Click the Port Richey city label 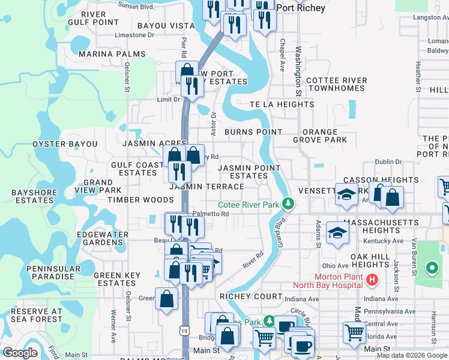coord(302,8)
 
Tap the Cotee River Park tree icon coord(289,205)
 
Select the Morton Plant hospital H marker coord(372,280)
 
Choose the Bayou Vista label coord(166,26)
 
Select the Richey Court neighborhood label coord(251,296)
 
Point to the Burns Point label coord(253,132)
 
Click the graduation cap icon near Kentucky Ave coord(338,234)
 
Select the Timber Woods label coord(132,200)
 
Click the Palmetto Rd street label coord(210,214)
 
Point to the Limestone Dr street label coord(134,35)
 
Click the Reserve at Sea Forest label coord(37,315)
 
